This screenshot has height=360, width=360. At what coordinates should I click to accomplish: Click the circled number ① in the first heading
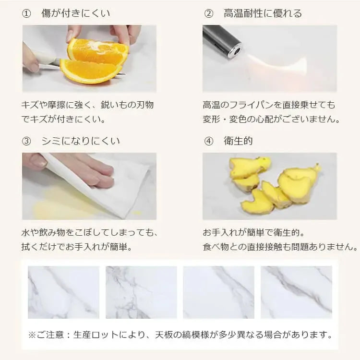[x=26, y=13]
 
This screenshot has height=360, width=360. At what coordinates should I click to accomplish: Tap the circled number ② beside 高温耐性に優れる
[x=208, y=13]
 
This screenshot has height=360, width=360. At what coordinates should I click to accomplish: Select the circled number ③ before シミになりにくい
[x=26, y=141]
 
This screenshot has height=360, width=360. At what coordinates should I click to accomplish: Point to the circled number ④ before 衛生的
[x=208, y=141]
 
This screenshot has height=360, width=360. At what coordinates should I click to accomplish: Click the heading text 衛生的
[x=238, y=141]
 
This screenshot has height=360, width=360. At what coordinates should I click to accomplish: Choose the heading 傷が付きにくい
[x=75, y=13]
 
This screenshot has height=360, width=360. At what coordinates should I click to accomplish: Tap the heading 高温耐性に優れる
[x=263, y=13]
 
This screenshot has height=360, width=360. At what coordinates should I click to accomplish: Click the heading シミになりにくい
[x=81, y=141]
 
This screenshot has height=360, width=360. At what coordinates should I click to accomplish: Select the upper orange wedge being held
[x=97, y=51]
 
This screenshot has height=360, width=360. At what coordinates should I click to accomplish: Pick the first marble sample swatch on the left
[x=63, y=292]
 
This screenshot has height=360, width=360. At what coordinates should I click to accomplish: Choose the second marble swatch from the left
[x=141, y=292]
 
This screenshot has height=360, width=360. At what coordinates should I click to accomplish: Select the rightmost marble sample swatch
[x=297, y=292]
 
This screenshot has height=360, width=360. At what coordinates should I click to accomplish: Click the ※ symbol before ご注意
[x=32, y=335]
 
